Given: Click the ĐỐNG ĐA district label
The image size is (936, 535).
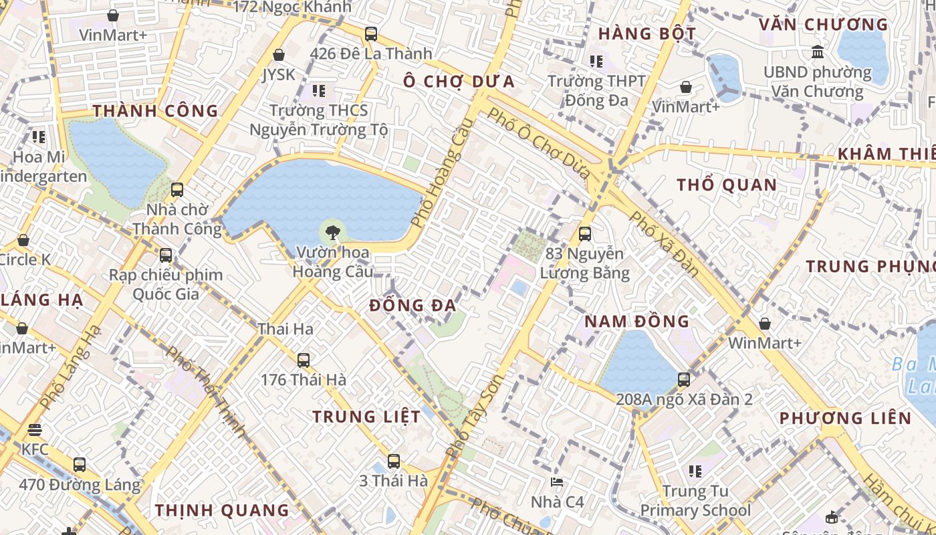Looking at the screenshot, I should [x=413, y=306].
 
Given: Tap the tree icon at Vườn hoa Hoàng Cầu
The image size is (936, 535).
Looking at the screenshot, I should [x=331, y=233].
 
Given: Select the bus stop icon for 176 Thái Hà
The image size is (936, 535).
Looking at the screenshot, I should [x=304, y=360].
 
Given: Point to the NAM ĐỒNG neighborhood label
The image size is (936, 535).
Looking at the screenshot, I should [x=636, y=321].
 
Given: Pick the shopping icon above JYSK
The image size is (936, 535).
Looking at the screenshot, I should [x=279, y=55].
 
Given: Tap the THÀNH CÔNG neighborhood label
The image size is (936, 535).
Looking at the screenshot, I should [x=155, y=111].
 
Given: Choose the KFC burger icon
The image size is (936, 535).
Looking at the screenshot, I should [x=35, y=430].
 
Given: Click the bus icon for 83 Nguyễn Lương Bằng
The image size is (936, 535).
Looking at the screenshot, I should [x=585, y=234].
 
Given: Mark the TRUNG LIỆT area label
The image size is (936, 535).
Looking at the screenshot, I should [x=366, y=417].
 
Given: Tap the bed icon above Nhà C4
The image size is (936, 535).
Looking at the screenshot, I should [x=556, y=482].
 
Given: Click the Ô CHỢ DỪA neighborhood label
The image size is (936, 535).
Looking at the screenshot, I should [x=459, y=82].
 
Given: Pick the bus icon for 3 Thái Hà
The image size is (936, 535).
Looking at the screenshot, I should [x=393, y=461].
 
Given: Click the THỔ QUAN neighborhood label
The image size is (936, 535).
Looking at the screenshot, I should [x=726, y=185].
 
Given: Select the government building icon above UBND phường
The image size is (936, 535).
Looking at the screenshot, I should [x=817, y=51].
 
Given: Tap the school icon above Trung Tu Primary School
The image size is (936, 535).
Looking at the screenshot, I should [x=695, y=471].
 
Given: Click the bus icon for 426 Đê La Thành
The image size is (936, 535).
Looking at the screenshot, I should [x=371, y=33].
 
